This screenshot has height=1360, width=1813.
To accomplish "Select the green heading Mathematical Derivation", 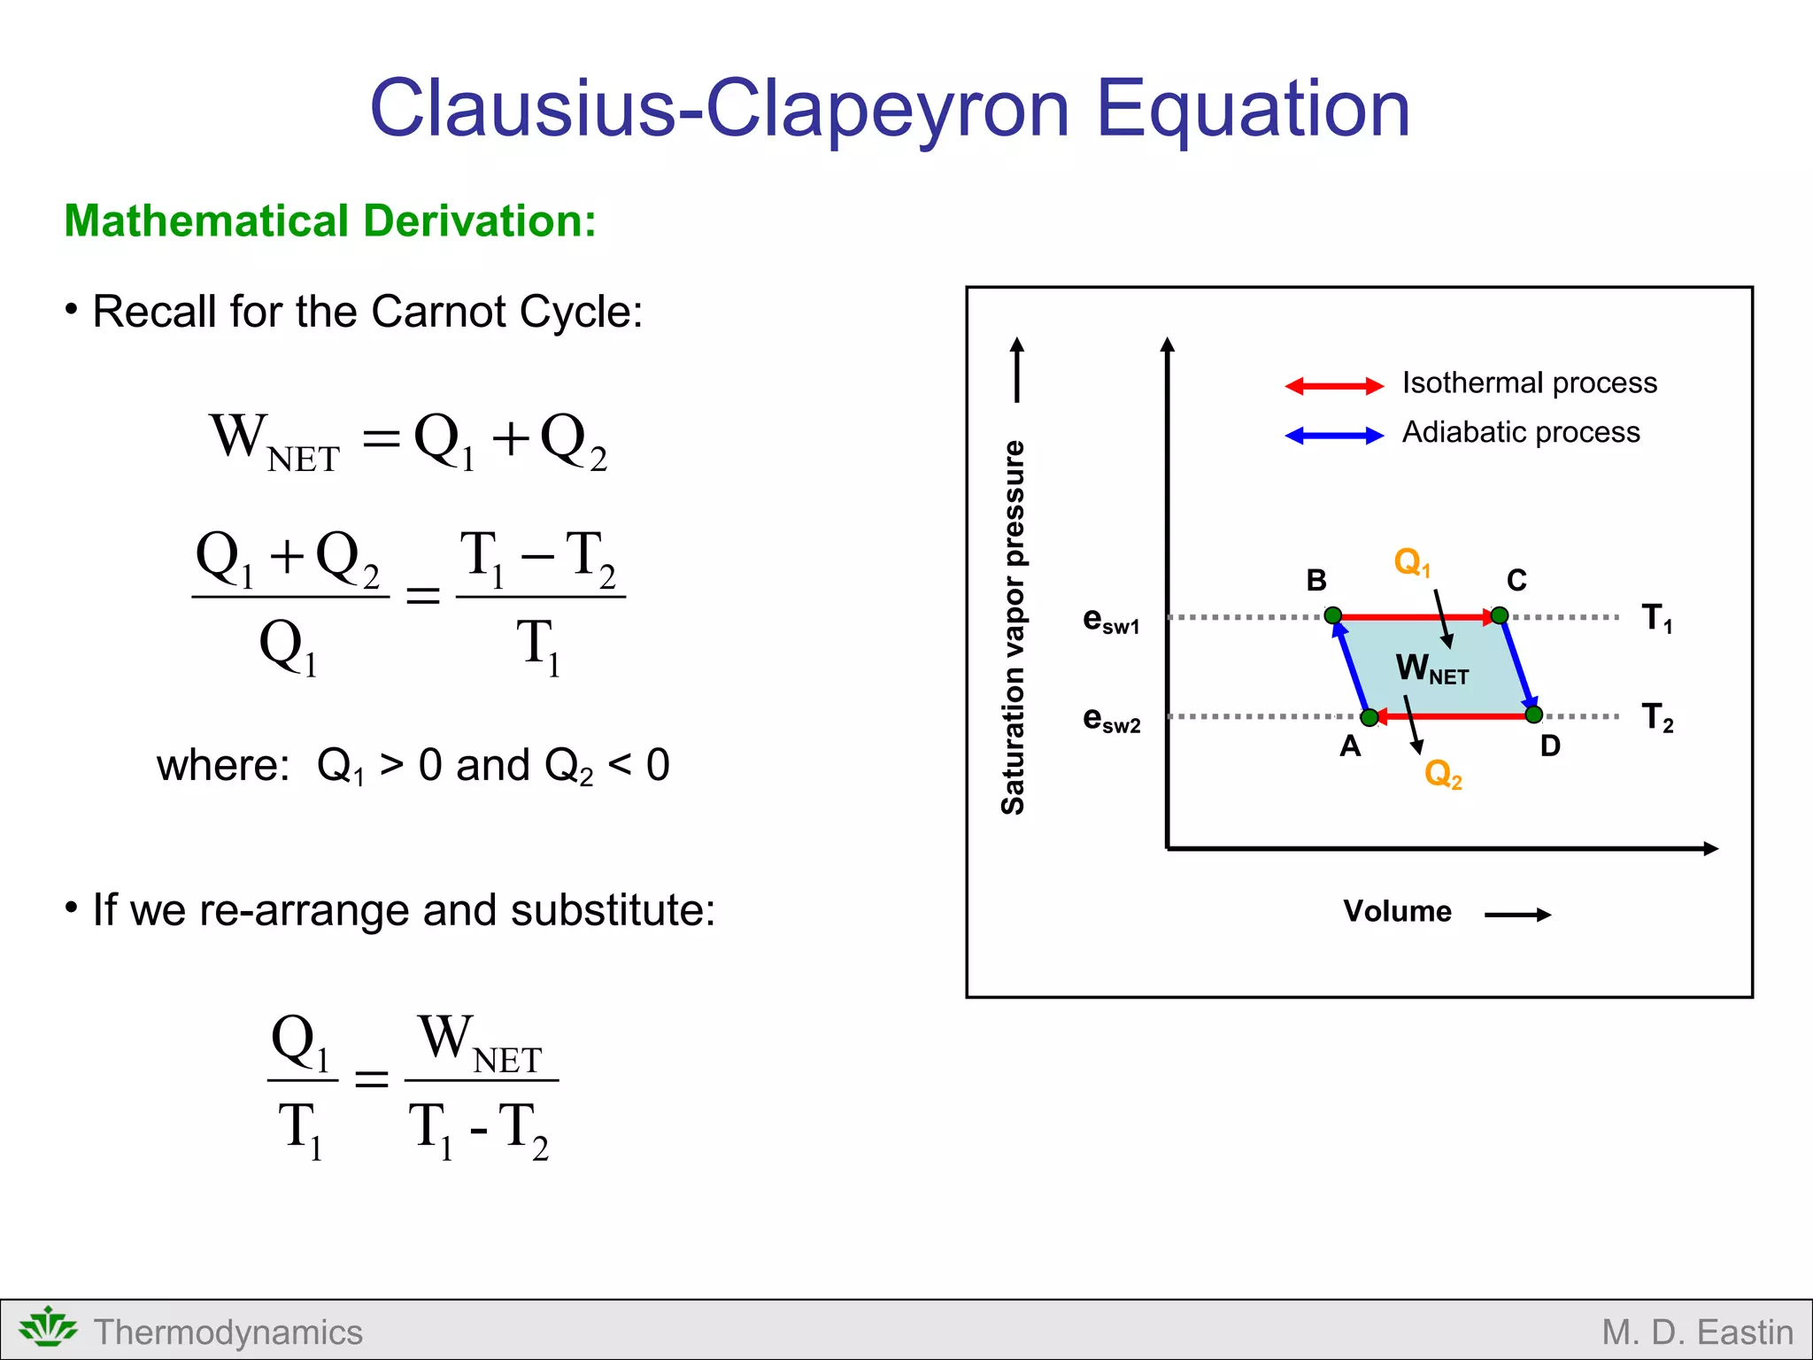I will point(330,220).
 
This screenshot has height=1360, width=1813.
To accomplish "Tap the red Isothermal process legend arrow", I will point(1334,385).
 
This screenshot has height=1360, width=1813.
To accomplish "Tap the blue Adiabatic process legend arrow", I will point(1334,435).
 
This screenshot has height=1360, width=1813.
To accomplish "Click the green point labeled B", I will point(1333,615).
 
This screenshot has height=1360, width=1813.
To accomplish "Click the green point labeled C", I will point(1499,615).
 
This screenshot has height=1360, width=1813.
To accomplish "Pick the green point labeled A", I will point(1369,717).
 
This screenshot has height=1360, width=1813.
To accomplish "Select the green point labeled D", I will point(1534,715).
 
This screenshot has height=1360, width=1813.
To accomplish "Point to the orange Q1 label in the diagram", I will point(1411,562).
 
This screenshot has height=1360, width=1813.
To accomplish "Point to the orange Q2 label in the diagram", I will point(1442,775).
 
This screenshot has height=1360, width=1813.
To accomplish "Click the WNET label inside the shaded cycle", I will point(1431,668).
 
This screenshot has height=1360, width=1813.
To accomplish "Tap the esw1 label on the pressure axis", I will point(1111,620).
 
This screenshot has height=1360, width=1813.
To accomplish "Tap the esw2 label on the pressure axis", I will point(1111,719).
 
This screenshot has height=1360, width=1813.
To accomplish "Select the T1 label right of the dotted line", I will point(1656,618).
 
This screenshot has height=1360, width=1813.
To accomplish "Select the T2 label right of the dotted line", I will point(1656,717).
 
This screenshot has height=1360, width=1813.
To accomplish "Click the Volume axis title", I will point(1397,911).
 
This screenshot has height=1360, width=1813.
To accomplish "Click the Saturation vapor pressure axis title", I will point(1013,627).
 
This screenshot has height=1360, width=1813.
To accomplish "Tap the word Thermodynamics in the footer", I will point(228,1332).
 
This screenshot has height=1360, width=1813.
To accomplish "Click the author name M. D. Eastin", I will point(1697,1332).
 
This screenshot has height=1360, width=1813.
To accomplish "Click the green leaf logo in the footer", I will point(48,1327).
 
